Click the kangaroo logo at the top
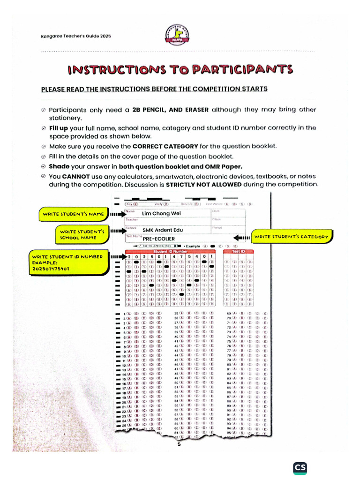179,35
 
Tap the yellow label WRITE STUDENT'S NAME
73,214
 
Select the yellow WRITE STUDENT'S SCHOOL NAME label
81,234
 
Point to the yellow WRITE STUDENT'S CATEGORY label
291,237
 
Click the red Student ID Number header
170,252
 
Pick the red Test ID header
239,252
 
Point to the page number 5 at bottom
179,445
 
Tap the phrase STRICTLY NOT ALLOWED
212,184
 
